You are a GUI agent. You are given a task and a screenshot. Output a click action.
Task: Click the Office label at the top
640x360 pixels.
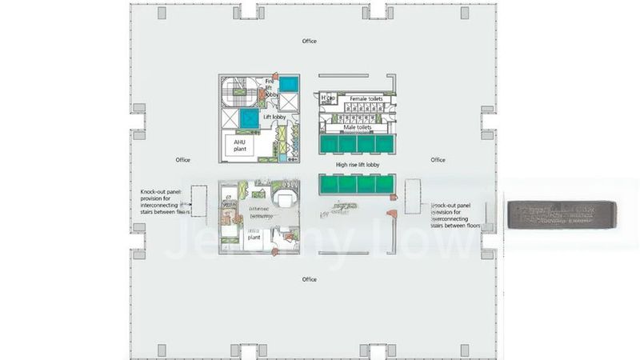pos(309,41)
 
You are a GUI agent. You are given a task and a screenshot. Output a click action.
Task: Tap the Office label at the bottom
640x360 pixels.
pos(309,279)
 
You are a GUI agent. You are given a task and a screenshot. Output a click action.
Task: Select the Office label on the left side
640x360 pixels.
pos(182,160)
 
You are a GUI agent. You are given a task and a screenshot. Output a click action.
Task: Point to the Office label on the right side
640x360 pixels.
pos(438,160)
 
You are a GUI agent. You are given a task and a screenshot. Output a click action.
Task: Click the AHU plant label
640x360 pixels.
pos(239,144)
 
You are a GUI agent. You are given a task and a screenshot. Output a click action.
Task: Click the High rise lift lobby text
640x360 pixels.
pos(358,165)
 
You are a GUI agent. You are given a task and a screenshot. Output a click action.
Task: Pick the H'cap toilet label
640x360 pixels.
pos(326,99)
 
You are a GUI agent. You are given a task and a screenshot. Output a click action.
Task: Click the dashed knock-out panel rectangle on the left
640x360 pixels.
pos(199,201)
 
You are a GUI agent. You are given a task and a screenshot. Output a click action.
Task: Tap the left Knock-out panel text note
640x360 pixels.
pos(165,202)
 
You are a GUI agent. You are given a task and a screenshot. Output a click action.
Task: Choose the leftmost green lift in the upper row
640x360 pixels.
pos(329,143)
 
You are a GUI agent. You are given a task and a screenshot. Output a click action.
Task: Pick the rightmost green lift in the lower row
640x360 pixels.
pos(386,184)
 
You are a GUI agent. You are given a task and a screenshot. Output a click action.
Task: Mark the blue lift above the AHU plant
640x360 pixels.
pos(239,118)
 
